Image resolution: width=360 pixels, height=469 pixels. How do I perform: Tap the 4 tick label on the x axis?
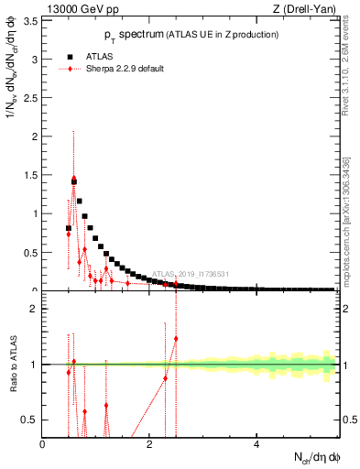[256, 444]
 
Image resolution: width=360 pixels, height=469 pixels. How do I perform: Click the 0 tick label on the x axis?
[43, 444]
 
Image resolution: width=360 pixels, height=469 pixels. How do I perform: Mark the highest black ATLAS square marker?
[74, 181]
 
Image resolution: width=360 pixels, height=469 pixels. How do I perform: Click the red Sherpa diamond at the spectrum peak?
[74, 179]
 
